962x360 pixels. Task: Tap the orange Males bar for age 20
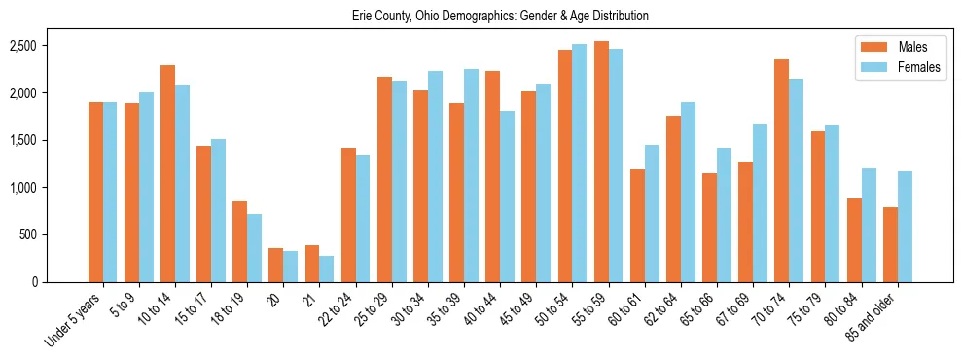(276, 265)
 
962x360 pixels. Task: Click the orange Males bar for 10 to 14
(167, 173)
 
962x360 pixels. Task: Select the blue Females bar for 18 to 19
(254, 248)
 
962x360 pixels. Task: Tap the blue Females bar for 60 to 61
(652, 213)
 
